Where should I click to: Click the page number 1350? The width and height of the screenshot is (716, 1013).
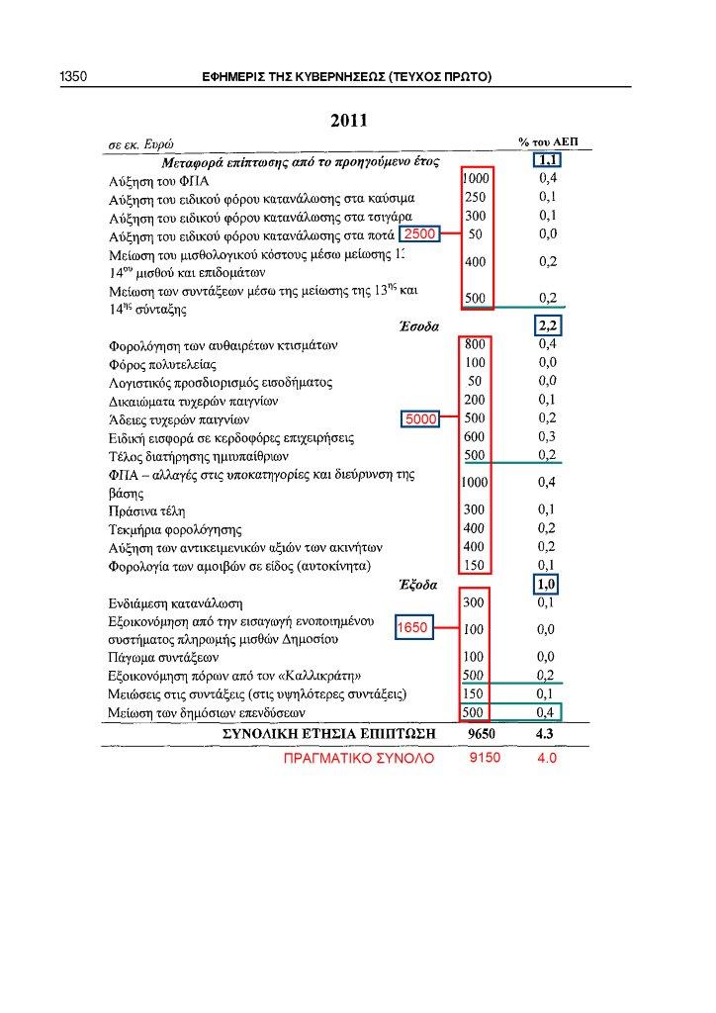(75, 76)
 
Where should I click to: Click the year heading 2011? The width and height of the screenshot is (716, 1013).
(349, 121)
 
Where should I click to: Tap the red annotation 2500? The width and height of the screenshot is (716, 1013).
(417, 233)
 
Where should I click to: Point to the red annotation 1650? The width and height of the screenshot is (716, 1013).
(411, 628)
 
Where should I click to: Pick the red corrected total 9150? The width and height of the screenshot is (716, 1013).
(485, 759)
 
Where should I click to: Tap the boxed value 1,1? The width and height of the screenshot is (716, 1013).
(548, 160)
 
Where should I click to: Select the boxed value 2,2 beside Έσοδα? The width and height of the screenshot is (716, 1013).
(548, 326)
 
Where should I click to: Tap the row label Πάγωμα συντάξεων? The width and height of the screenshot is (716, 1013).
(162, 657)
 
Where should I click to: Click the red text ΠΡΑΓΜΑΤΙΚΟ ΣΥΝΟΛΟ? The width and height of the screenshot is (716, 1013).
(359, 760)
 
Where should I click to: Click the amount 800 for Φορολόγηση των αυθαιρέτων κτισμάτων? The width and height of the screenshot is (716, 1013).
(475, 345)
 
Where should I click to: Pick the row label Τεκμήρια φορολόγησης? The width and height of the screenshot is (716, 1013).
(174, 530)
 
